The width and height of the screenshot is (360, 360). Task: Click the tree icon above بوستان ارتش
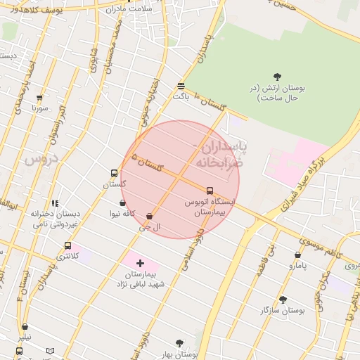[277, 77]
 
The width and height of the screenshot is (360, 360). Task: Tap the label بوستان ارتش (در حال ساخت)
[278, 93]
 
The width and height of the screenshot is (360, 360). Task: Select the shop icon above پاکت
[181, 85]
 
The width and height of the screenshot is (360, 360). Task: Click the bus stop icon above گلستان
[114, 173]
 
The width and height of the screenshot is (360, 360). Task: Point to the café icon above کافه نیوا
[122, 203]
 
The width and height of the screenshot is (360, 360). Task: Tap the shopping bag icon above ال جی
[149, 217]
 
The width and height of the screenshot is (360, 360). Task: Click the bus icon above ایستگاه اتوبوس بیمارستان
[210, 191]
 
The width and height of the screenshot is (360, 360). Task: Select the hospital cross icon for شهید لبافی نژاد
[140, 263]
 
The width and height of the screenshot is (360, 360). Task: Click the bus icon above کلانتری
[67, 246]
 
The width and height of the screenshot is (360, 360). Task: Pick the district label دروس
[40, 160]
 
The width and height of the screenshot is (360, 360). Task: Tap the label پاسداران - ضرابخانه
[220, 154]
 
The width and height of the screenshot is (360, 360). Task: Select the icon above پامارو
[297, 255]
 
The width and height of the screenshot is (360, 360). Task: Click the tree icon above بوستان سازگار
[283, 299]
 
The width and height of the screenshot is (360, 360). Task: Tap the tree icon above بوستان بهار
[179, 343]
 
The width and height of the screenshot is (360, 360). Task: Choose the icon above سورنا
[39, 98]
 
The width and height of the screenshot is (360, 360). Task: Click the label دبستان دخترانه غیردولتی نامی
[55, 219]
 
